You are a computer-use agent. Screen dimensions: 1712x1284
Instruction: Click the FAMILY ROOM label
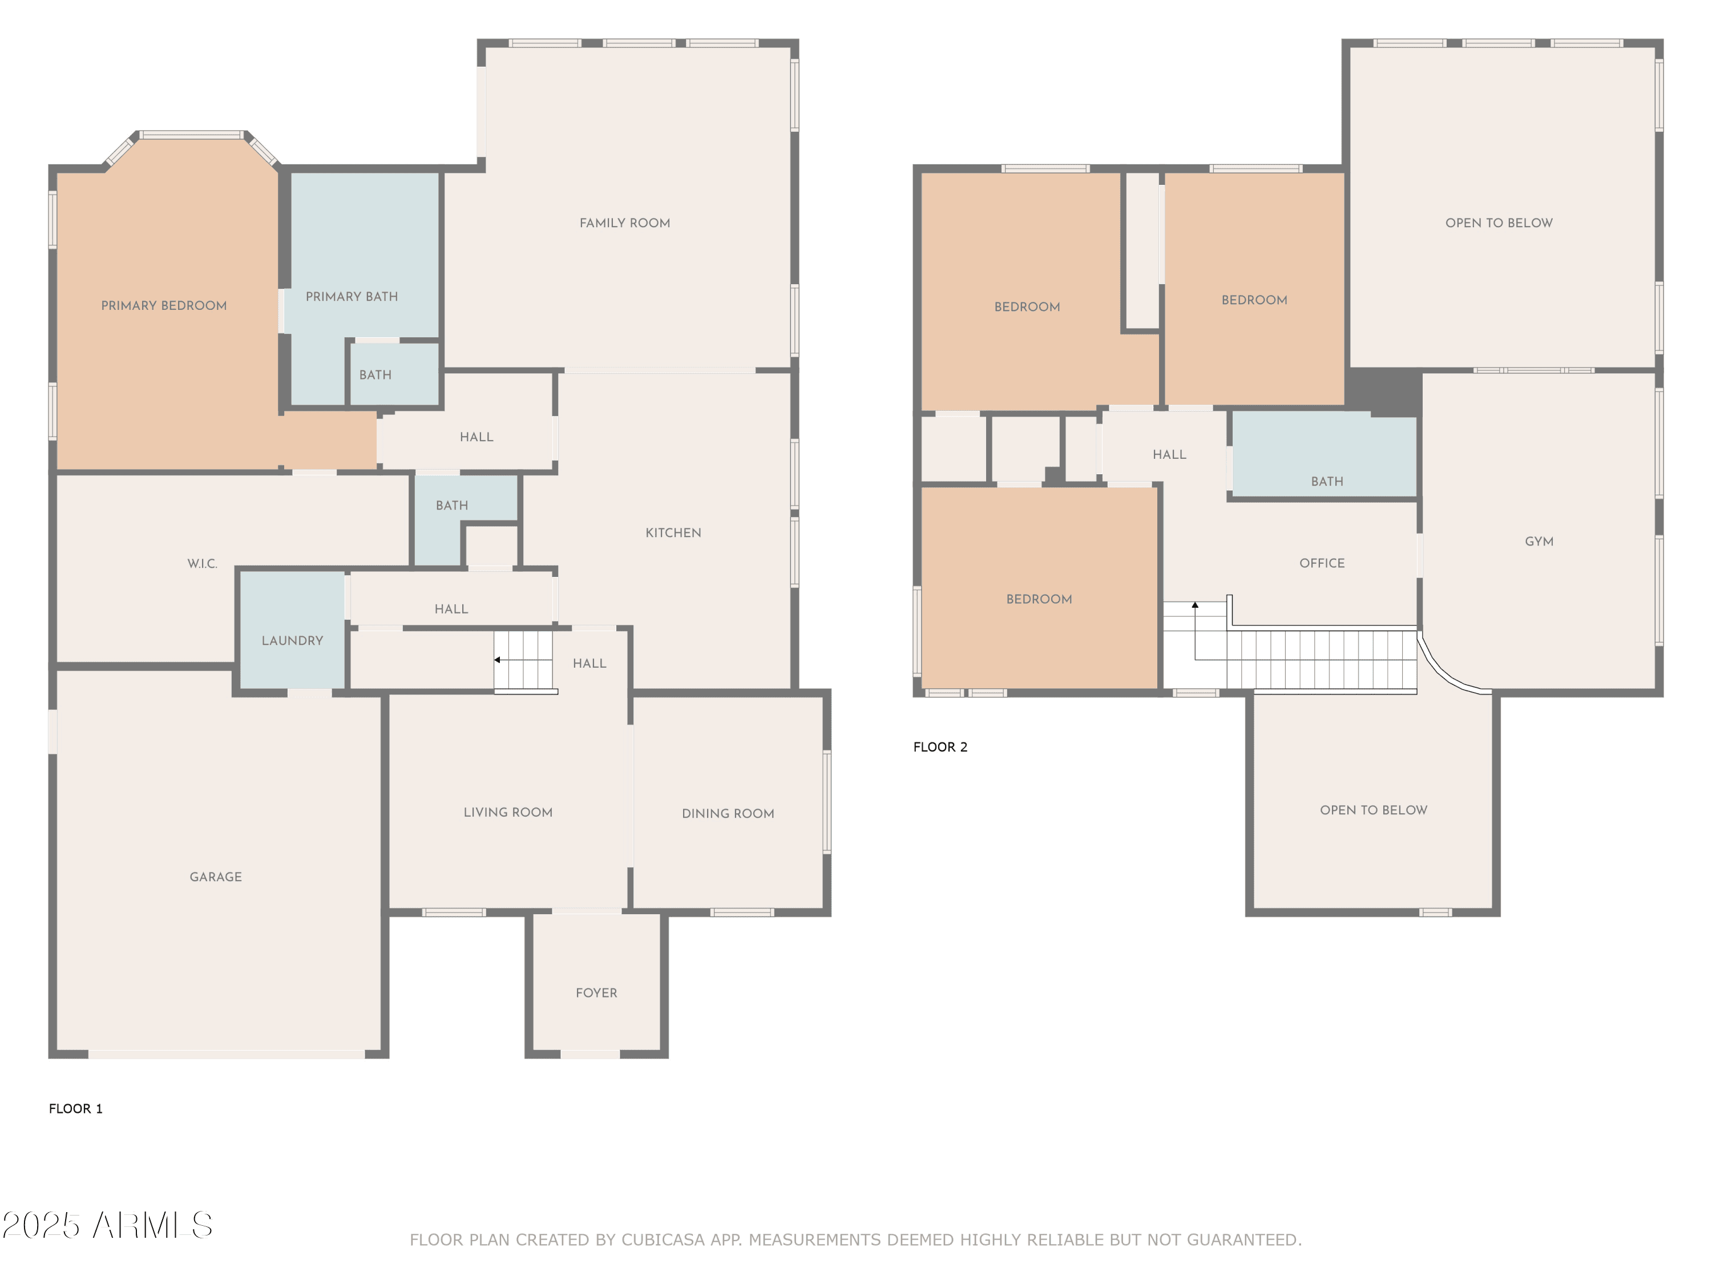point(624,223)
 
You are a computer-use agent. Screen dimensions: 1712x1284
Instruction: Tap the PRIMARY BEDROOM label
point(164,306)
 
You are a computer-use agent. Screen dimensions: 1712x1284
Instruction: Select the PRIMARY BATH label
point(352,296)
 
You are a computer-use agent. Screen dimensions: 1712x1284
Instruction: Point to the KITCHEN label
point(673,532)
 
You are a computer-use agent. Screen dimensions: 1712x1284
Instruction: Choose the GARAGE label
point(216,877)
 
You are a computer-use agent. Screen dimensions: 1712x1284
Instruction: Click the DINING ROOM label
point(728,813)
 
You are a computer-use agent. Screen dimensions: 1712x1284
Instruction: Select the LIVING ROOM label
point(508,812)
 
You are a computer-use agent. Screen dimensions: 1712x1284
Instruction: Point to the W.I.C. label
point(202,563)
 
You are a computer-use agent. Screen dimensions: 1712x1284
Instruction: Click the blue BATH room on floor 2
point(1325,454)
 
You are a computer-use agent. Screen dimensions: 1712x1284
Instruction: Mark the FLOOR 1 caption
point(76,1108)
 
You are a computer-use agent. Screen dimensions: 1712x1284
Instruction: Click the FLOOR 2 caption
point(940,747)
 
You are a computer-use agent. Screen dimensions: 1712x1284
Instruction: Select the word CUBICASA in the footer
point(663,1240)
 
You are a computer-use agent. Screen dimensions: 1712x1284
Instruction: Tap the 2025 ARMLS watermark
point(108,1225)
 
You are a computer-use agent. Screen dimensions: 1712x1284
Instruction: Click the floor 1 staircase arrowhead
point(498,660)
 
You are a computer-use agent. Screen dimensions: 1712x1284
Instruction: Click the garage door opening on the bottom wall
point(226,1054)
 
